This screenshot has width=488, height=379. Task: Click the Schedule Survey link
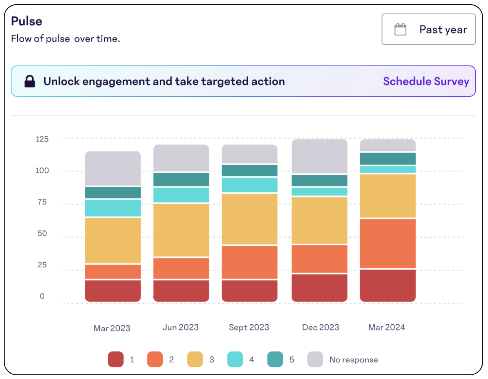[x=426, y=81]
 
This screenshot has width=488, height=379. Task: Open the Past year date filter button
[x=428, y=29]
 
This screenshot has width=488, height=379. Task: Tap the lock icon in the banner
[x=30, y=81]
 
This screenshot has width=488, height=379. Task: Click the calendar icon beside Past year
[x=400, y=29]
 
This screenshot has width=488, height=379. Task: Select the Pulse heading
[x=27, y=21]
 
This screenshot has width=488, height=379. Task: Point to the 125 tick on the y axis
[x=42, y=139]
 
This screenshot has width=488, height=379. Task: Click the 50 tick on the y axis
[x=42, y=233]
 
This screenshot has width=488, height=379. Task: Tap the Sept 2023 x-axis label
[x=249, y=327]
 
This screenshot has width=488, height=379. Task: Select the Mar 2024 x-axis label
[x=386, y=327]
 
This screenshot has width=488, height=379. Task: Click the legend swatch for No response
[x=315, y=359]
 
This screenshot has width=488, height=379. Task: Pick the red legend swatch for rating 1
[x=115, y=359]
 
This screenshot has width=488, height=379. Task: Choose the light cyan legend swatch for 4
[x=235, y=359]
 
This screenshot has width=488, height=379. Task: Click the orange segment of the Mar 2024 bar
[x=388, y=243]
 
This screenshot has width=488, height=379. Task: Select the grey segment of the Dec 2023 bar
[x=319, y=156]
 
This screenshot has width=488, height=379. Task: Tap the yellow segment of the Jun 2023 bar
[x=181, y=230]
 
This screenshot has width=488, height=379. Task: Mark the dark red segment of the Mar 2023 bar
[x=113, y=290]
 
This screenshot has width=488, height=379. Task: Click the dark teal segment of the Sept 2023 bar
[x=249, y=171]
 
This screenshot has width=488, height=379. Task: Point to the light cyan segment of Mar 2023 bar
[x=113, y=208]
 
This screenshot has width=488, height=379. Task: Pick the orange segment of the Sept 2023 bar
[x=249, y=262]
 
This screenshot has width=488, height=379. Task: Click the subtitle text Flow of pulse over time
[x=65, y=39]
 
